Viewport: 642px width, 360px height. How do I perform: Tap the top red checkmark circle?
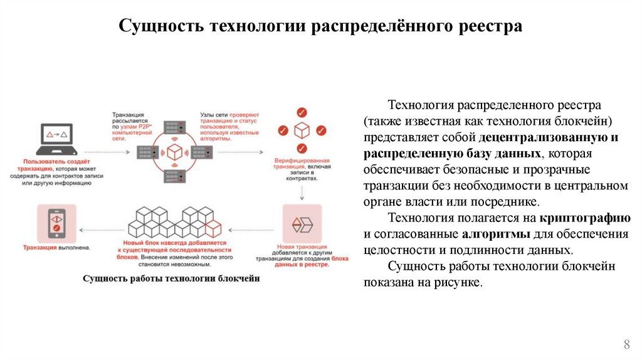(302, 113)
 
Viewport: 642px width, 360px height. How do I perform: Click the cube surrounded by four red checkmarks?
(302, 130)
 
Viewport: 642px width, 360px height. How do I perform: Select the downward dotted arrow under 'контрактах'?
(302, 191)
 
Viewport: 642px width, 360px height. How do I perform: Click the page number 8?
(626, 344)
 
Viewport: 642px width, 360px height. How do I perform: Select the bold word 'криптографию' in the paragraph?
(584, 218)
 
